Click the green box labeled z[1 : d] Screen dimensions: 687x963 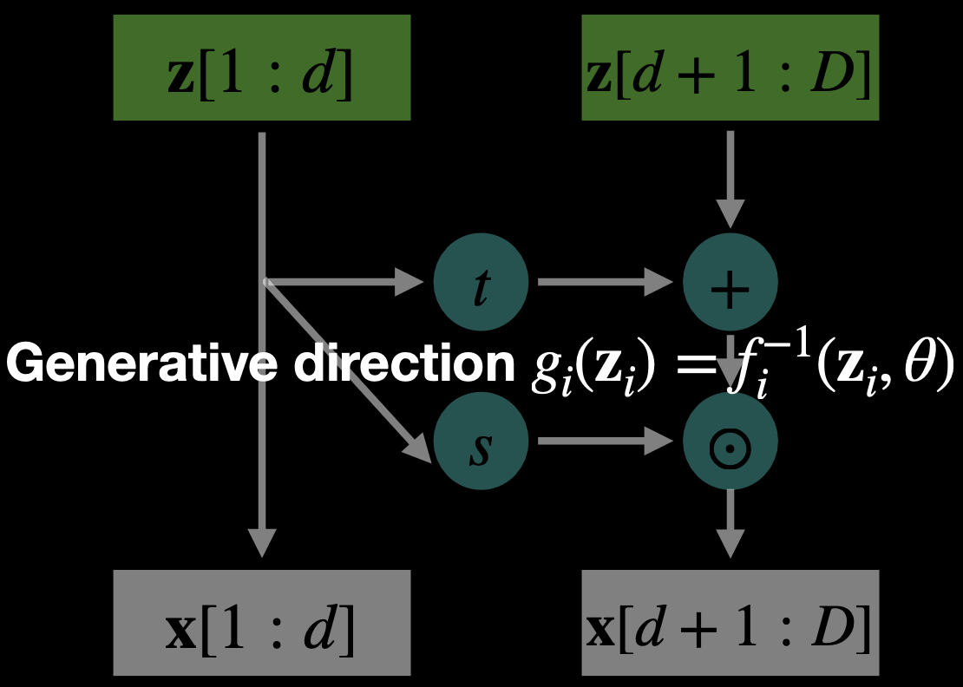click(261, 67)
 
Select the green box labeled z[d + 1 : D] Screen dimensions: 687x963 click(730, 67)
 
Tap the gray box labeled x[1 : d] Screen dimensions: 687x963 click(261, 622)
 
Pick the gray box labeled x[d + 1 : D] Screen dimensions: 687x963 click(730, 622)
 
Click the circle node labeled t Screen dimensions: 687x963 click(481, 282)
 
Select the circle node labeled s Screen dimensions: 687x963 click(481, 442)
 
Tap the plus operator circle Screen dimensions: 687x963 click(730, 282)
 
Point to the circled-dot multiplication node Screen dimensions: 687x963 click(730, 442)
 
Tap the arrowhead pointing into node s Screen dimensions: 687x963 click(418, 448)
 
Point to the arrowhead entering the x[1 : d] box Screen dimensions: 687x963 click(261, 542)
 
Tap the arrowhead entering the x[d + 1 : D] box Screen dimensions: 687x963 click(730, 542)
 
